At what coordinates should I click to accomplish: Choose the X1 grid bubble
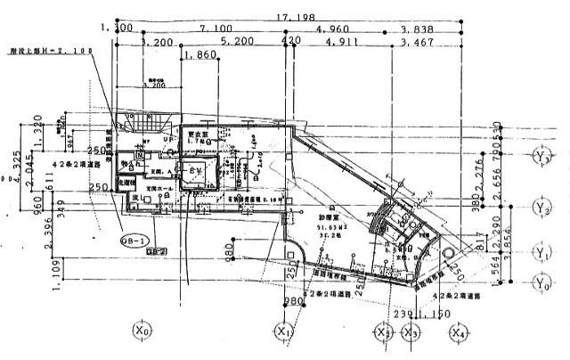coord(284,331)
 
